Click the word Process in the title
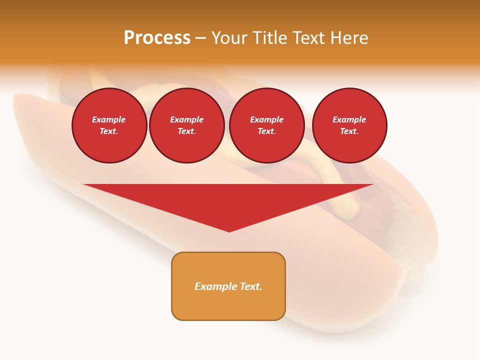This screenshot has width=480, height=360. [157, 38]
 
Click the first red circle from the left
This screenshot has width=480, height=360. [109, 125]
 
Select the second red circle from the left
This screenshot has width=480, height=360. [186, 125]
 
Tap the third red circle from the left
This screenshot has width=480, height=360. [266, 125]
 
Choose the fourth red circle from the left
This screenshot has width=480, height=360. [349, 125]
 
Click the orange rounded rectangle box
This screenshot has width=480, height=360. [228, 286]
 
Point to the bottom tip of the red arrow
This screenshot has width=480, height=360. [229, 231]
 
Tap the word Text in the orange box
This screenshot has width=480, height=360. [251, 286]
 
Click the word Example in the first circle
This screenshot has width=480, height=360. [109, 120]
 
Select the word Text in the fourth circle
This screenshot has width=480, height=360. [349, 131]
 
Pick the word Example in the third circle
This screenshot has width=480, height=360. [266, 120]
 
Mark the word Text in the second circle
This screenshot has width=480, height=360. [186, 131]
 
